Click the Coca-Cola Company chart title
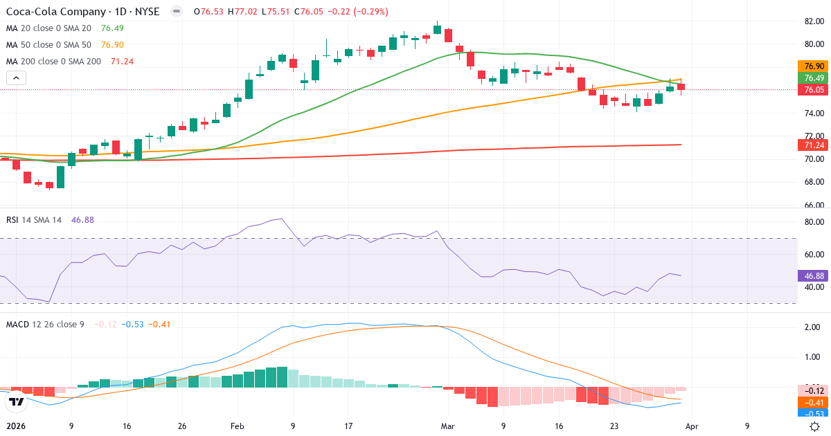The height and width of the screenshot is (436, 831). pos(84,12)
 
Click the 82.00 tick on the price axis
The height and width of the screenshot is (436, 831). pos(813,21)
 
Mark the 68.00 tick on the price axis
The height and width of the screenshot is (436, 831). pos(813,182)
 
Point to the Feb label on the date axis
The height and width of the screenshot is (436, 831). pos(238,427)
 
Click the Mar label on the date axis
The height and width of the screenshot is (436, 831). pos(447,427)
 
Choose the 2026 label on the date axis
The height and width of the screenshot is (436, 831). pos(16,427)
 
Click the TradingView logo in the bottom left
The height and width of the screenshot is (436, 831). pos(17,401)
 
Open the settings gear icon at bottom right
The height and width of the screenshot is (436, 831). pos(815,427)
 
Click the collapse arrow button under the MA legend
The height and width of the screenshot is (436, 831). pos(16,78)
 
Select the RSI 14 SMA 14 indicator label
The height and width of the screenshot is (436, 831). pos(35,219)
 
